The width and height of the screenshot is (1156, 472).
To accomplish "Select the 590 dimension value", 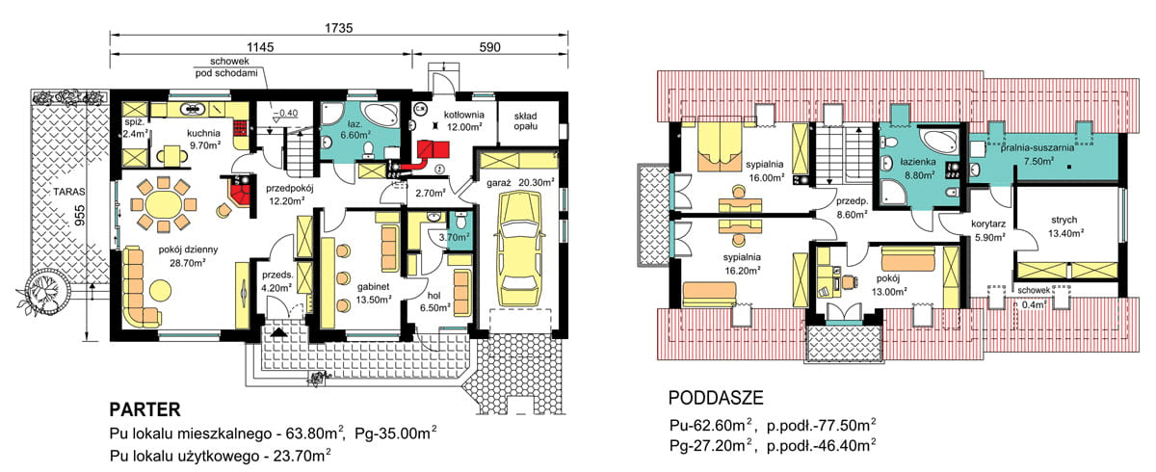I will tap(489, 45).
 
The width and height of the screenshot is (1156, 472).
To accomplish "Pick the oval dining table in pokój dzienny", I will tap(159, 203).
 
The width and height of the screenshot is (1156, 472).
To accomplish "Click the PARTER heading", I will tap(144, 407).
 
